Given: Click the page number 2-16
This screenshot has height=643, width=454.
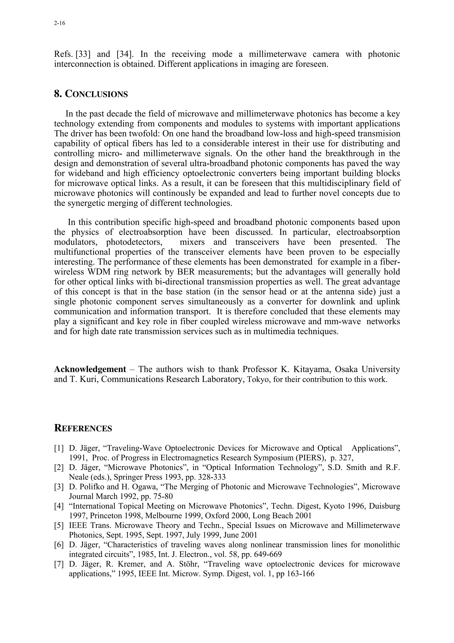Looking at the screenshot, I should (59, 24).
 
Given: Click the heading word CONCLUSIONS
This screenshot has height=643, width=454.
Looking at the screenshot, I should (96, 94).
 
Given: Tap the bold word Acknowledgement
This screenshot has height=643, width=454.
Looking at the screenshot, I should (90, 369).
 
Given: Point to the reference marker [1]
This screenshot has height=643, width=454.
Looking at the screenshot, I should (59, 448).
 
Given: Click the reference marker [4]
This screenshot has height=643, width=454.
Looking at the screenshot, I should (59, 506).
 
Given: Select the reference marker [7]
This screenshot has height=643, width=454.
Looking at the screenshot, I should (59, 564).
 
